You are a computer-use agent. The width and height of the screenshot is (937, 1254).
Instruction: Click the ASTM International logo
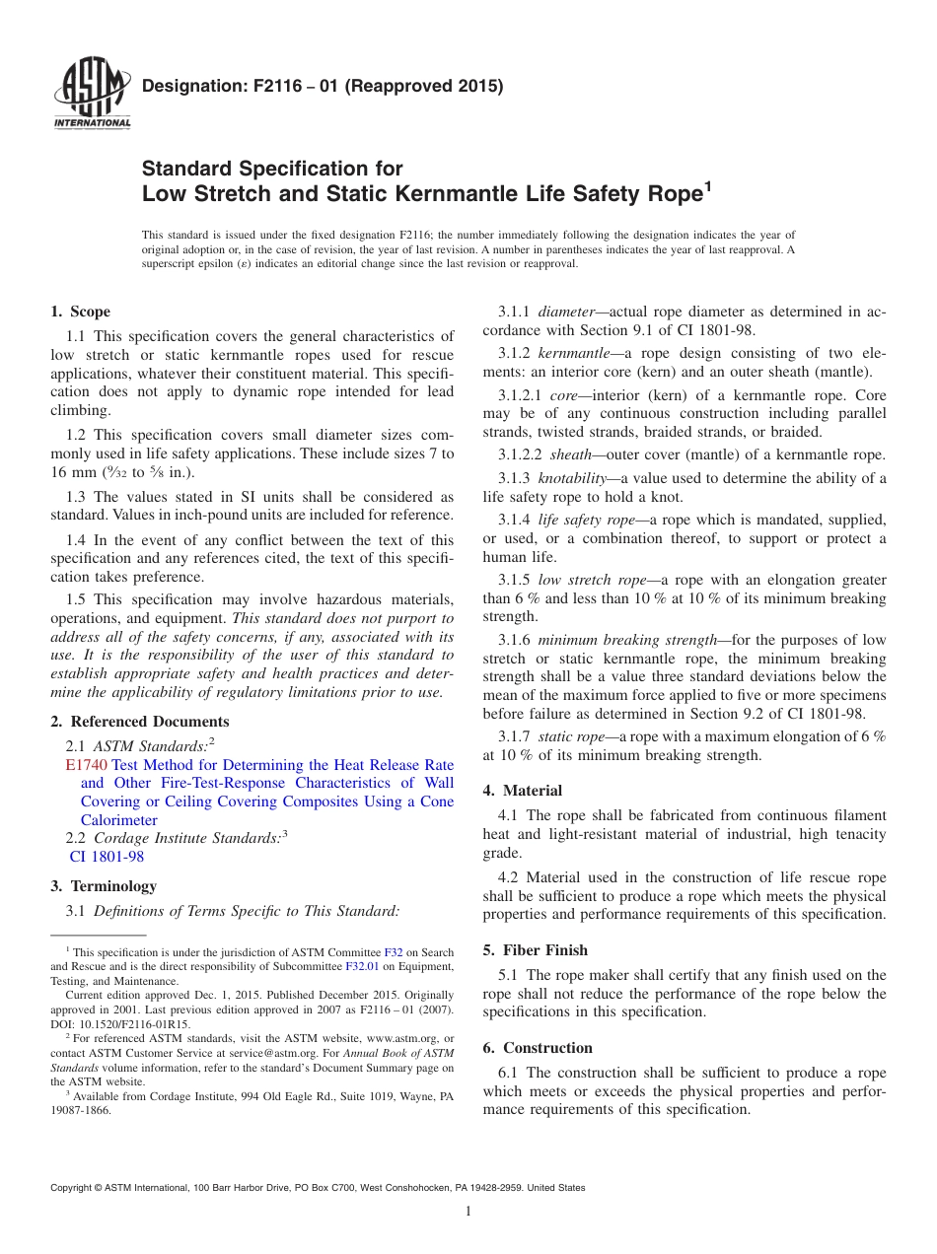coord(92,95)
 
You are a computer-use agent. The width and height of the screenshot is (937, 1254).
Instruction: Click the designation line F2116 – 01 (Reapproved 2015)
coord(323,86)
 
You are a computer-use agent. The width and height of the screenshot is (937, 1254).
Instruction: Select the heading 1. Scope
coord(80,312)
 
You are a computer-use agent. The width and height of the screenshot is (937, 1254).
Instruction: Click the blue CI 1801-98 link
coord(107,857)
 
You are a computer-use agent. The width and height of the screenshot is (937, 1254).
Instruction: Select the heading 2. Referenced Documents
coord(139,722)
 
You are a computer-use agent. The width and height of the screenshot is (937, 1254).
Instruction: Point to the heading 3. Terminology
coord(103,886)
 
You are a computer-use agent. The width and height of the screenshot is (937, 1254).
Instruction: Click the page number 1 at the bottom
coord(468,1212)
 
